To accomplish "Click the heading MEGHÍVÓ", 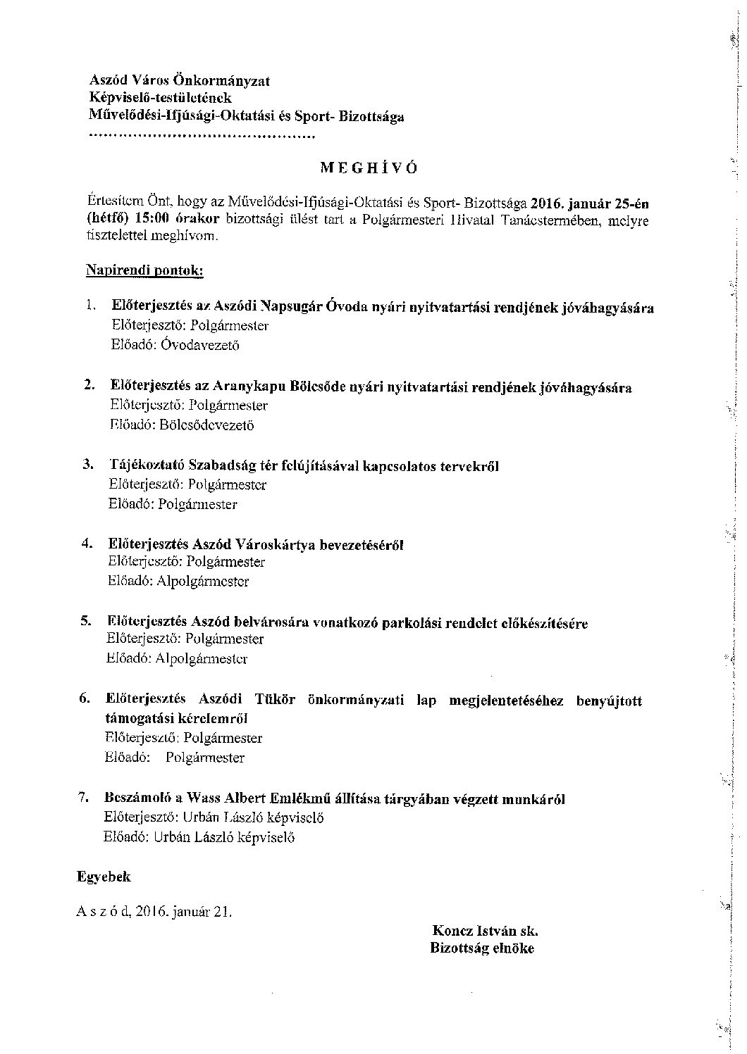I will point(369,168).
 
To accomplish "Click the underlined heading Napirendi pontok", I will point(144,270).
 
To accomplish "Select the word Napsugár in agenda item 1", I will point(291,307).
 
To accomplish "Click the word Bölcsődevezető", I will point(206,425).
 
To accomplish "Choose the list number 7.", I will point(83,798).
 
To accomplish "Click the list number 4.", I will point(87,544).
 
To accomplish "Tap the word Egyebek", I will point(104,877).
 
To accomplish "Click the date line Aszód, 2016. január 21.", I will point(154,911).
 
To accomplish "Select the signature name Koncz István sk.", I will point(485,931).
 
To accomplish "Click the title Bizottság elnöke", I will point(482,948).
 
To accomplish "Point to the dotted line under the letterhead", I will point(202,135).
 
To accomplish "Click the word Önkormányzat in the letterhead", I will point(232,81).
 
